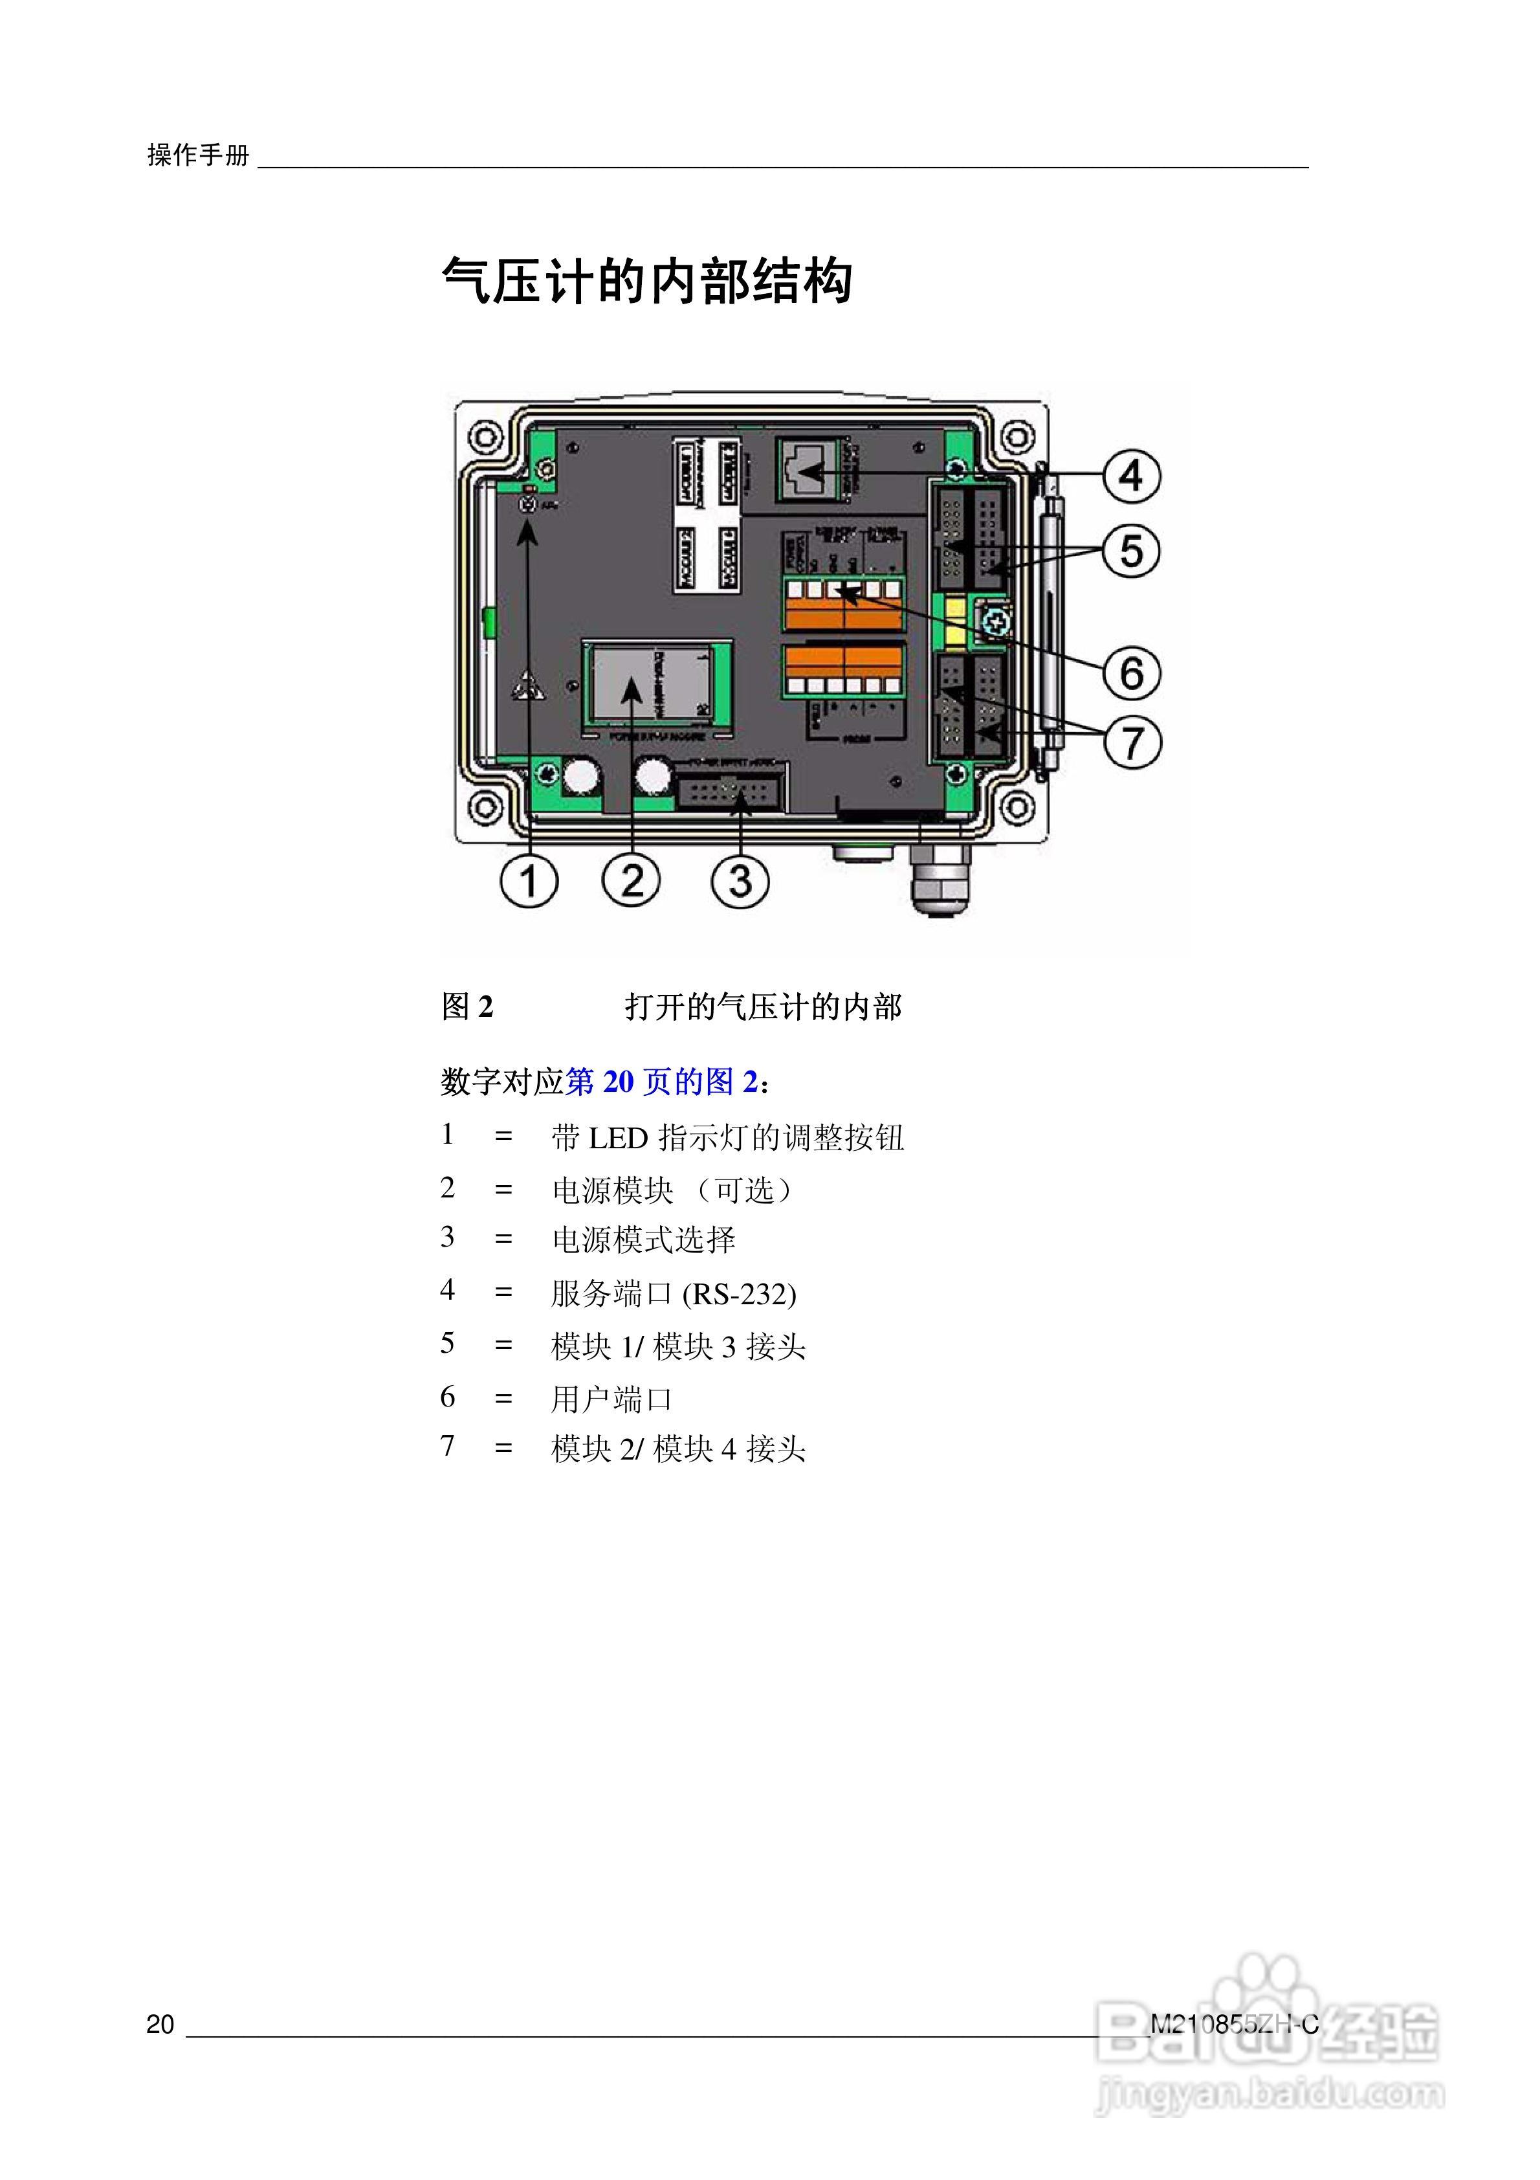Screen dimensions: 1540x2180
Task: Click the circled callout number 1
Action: (x=529, y=880)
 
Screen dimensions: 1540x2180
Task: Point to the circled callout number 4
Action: (x=1131, y=474)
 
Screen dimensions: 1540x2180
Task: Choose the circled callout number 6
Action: (x=1131, y=673)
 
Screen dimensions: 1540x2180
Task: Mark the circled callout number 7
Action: (x=1131, y=742)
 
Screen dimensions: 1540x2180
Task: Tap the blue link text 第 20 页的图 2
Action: (x=663, y=1082)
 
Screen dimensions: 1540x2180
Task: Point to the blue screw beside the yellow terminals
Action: (x=993, y=623)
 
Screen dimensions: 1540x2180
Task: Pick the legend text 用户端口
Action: (x=611, y=1399)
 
